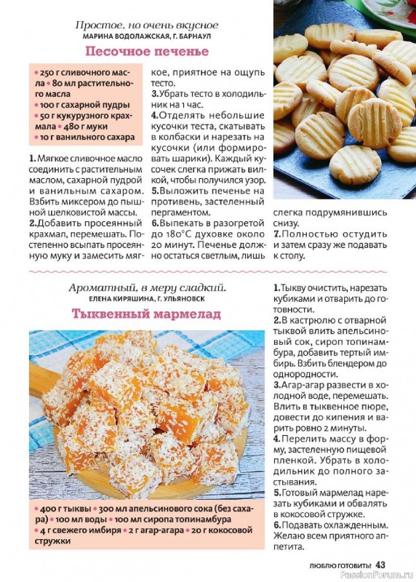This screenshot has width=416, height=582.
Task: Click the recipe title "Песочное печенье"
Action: (x=147, y=51)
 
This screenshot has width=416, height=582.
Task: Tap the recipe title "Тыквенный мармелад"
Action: (x=146, y=314)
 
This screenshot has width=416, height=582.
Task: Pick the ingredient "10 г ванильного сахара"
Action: (x=87, y=137)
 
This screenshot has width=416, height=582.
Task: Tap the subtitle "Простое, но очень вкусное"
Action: (x=147, y=25)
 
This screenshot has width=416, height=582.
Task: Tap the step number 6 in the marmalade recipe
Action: (x=277, y=525)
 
